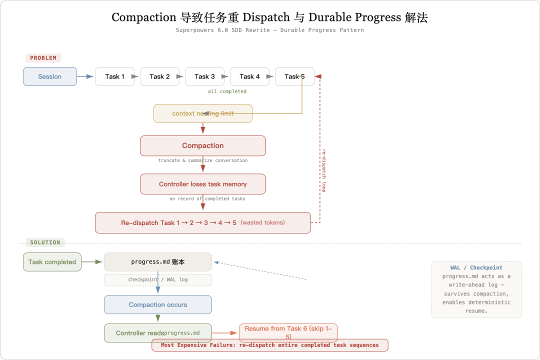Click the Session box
tap(50, 76)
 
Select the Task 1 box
tap(114, 76)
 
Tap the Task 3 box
tap(204, 76)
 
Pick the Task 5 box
tap(294, 76)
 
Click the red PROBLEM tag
tap(43, 58)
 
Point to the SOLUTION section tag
tap(45, 242)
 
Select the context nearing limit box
tap(203, 113)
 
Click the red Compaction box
tap(203, 145)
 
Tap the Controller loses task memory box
tap(203, 184)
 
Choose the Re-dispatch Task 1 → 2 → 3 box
tap(203, 222)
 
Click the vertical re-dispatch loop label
tap(323, 170)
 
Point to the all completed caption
tap(227, 91)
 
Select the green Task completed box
tap(52, 262)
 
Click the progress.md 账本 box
tap(158, 262)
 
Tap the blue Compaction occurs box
tap(158, 304)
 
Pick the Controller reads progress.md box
tap(158, 333)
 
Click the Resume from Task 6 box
tap(288, 332)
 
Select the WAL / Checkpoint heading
tap(476, 267)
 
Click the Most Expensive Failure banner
tap(270, 345)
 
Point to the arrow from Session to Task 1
tap(85, 76)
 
